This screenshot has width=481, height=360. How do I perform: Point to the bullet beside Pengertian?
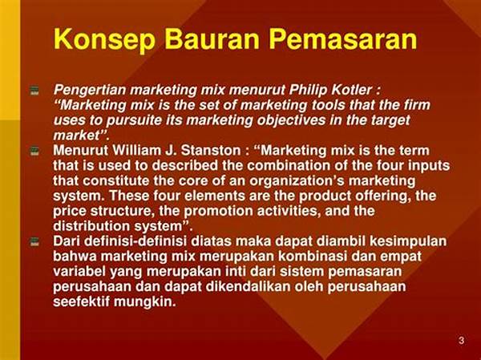pyautogui.click(x=34, y=91)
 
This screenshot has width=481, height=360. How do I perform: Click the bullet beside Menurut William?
pyautogui.click(x=34, y=150)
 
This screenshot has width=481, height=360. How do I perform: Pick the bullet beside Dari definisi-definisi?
pyautogui.click(x=34, y=241)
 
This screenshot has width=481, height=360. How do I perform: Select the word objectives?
pyautogui.click(x=293, y=119)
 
